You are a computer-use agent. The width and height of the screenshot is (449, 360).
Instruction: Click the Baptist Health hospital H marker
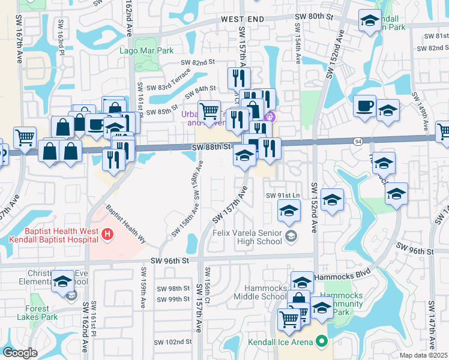(107, 233)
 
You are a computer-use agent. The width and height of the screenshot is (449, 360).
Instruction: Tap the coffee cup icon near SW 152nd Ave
(364, 107)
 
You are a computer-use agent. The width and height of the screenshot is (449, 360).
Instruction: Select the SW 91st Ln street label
(283, 196)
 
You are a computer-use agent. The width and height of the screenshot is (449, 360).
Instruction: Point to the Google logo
(20, 353)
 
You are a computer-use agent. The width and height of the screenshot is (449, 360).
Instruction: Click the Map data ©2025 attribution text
(423, 355)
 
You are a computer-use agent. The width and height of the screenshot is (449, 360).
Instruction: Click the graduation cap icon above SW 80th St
(370, 20)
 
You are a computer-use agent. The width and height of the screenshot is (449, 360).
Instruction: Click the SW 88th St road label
(211, 146)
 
